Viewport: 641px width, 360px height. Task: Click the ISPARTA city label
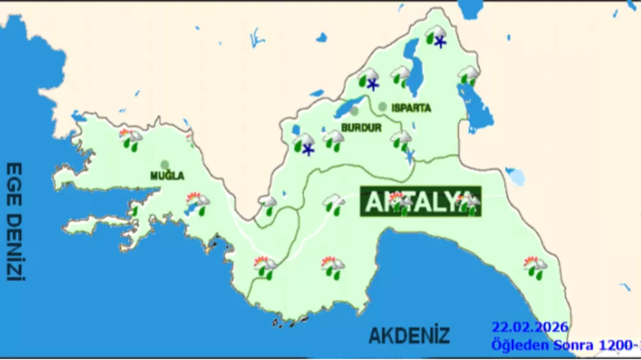click(411, 108)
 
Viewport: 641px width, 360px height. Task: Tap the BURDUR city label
click(361, 127)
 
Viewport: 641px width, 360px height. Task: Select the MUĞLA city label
click(167, 176)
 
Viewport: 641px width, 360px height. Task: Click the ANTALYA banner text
click(420, 202)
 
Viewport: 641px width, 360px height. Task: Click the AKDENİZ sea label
click(409, 334)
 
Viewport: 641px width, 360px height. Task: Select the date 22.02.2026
click(529, 327)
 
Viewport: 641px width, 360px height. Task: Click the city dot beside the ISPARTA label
click(383, 106)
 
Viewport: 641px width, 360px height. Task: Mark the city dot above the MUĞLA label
click(165, 165)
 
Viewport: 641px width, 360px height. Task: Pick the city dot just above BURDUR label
click(354, 111)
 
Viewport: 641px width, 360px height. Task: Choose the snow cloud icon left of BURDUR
click(304, 144)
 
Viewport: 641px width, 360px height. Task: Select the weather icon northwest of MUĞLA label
click(131, 139)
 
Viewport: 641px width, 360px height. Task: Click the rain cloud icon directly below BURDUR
click(333, 139)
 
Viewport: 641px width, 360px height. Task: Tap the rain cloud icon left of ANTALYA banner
click(333, 204)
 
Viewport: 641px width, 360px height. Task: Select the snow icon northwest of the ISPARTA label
click(369, 81)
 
